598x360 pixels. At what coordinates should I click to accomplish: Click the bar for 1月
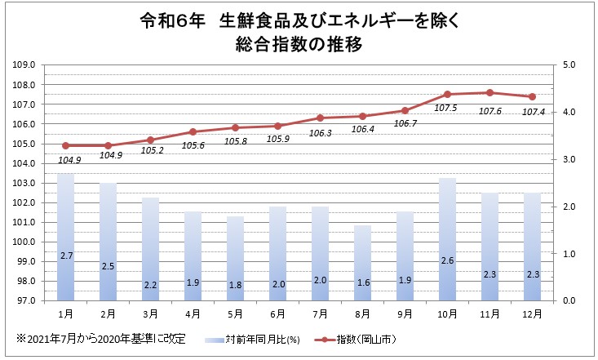click(66, 237)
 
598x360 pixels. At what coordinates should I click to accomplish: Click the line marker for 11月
click(489, 92)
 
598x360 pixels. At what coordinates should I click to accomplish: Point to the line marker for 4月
click(193, 131)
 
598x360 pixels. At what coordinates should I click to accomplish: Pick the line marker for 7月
click(320, 118)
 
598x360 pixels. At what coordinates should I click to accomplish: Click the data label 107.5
click(447, 108)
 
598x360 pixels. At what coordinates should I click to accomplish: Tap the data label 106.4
click(361, 129)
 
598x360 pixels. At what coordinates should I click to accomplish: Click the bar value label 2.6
click(447, 260)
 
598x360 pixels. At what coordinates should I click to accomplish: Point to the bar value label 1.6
click(362, 284)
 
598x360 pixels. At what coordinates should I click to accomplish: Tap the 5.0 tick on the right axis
click(569, 64)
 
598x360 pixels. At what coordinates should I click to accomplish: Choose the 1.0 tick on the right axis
click(569, 254)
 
